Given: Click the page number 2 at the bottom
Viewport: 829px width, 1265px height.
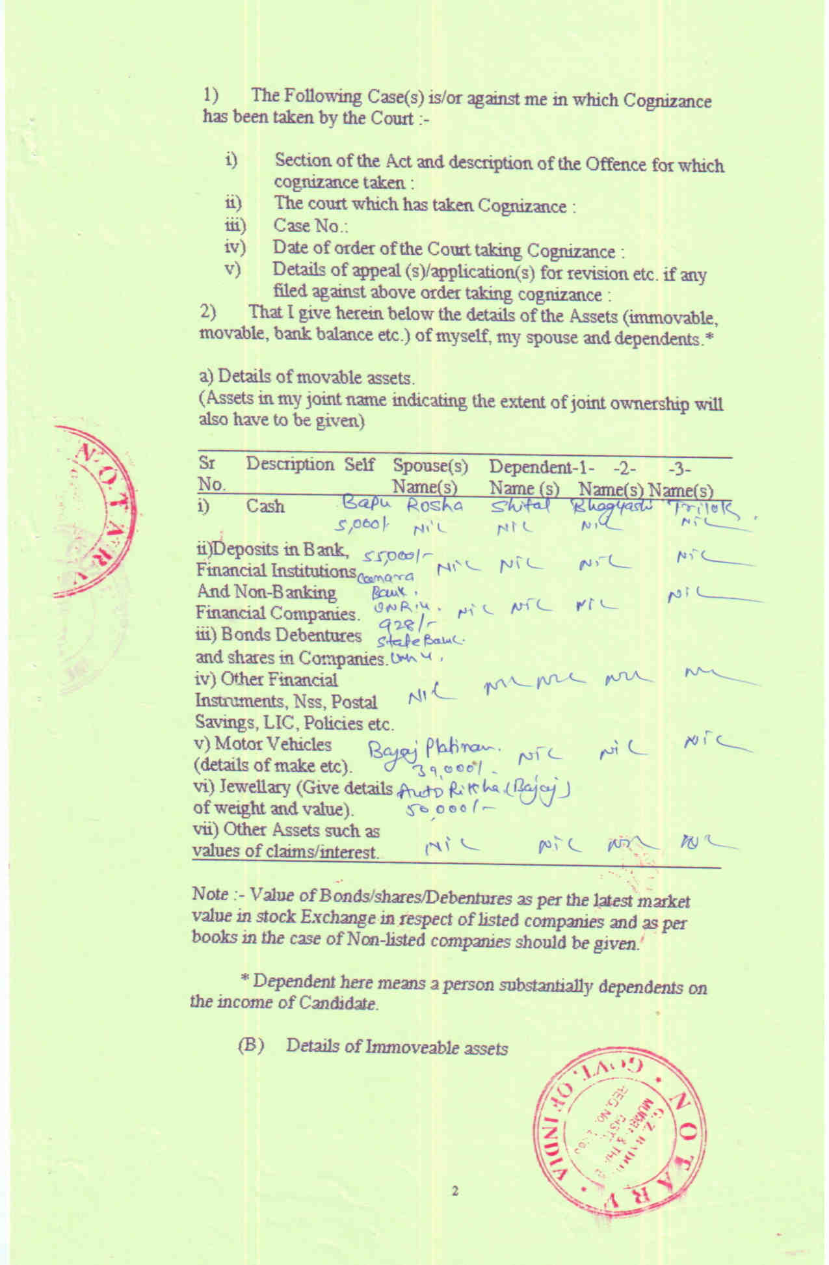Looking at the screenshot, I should [x=455, y=1191].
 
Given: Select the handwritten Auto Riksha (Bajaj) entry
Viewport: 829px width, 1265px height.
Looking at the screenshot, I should [x=484, y=791].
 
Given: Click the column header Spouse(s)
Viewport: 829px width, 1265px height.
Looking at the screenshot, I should [x=430, y=466].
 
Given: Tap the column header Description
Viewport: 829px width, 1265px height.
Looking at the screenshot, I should [x=289, y=464].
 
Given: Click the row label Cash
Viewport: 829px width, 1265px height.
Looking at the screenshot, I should [x=265, y=506].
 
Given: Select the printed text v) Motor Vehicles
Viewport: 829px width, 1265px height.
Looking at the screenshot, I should [x=263, y=744].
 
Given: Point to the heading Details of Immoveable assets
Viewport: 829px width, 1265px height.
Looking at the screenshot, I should [x=397, y=1047].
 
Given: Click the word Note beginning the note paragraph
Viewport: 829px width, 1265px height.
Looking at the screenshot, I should [x=210, y=894].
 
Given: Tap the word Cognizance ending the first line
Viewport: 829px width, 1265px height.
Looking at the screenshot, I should [x=667, y=101].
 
